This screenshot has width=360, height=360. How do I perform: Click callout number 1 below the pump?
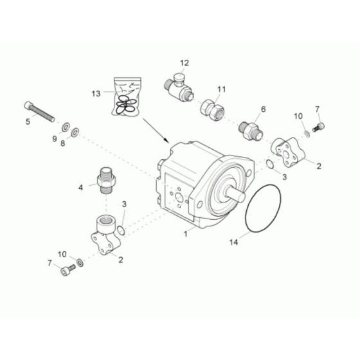pyautogui.click(x=186, y=234)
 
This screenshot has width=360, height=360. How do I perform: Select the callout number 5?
pyautogui.click(x=27, y=121)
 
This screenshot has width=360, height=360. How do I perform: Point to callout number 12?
pyautogui.click(x=184, y=63)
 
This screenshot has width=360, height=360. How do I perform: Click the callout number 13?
pyautogui.click(x=96, y=93)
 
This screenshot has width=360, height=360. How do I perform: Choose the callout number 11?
pyautogui.click(x=221, y=89)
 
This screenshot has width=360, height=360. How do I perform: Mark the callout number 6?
pyautogui.click(x=262, y=109)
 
